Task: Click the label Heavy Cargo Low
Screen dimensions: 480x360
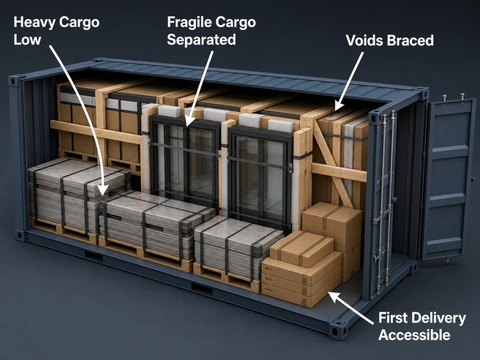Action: [56, 31]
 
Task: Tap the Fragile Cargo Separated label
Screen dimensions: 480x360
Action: [211, 31]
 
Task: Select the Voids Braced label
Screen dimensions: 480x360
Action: [390, 40]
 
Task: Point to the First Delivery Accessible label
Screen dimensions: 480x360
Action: [422, 326]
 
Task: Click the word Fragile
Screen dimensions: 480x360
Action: [189, 22]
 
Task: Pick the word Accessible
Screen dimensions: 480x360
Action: [414, 335]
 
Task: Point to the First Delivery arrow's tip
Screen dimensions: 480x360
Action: [330, 292]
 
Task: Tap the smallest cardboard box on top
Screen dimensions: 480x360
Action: [301, 248]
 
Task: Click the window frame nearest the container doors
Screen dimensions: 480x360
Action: [260, 178]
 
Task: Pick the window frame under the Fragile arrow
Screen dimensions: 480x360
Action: [185, 162]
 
